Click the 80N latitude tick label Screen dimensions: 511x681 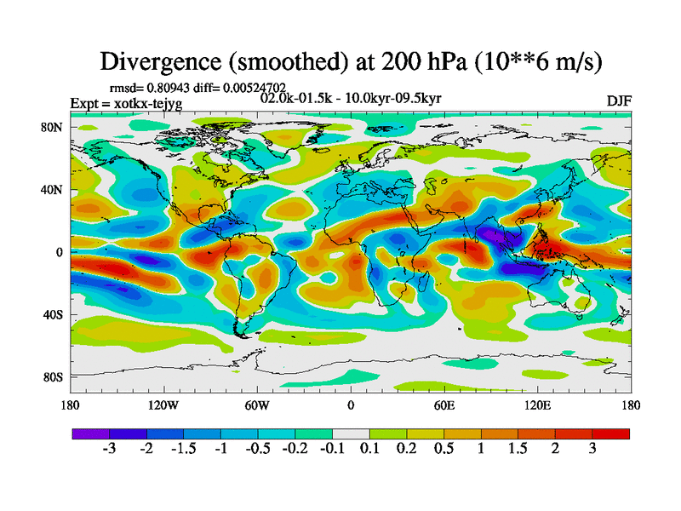click(x=52, y=127)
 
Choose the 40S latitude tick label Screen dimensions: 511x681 click(x=53, y=315)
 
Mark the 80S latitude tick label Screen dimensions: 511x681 click(x=53, y=376)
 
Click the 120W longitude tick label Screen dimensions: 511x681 click(x=163, y=405)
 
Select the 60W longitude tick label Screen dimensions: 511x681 click(x=257, y=405)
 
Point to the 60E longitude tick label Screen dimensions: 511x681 click(x=444, y=405)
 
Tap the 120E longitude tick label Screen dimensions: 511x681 click(x=537, y=405)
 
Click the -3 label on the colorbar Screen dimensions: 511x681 click(x=109, y=449)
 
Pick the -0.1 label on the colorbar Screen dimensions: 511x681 click(x=332, y=449)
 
